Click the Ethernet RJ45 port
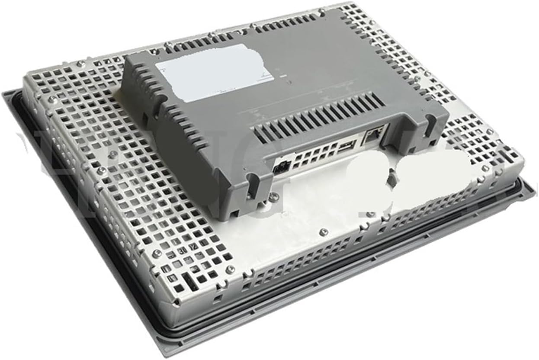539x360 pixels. pyautogui.click(x=373, y=135)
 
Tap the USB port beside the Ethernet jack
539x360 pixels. pyautogui.click(x=347, y=145)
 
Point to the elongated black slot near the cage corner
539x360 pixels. pyautogui.click(x=189, y=281)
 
